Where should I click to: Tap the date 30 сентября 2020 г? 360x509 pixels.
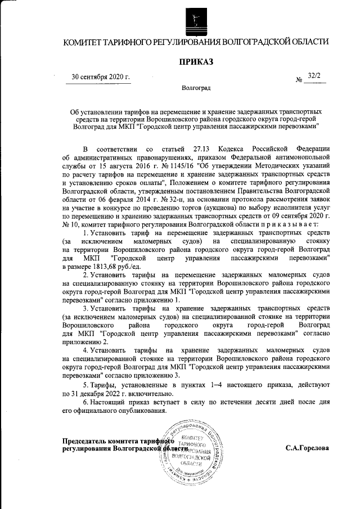point(101,77)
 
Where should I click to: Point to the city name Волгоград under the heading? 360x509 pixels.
point(196,89)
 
